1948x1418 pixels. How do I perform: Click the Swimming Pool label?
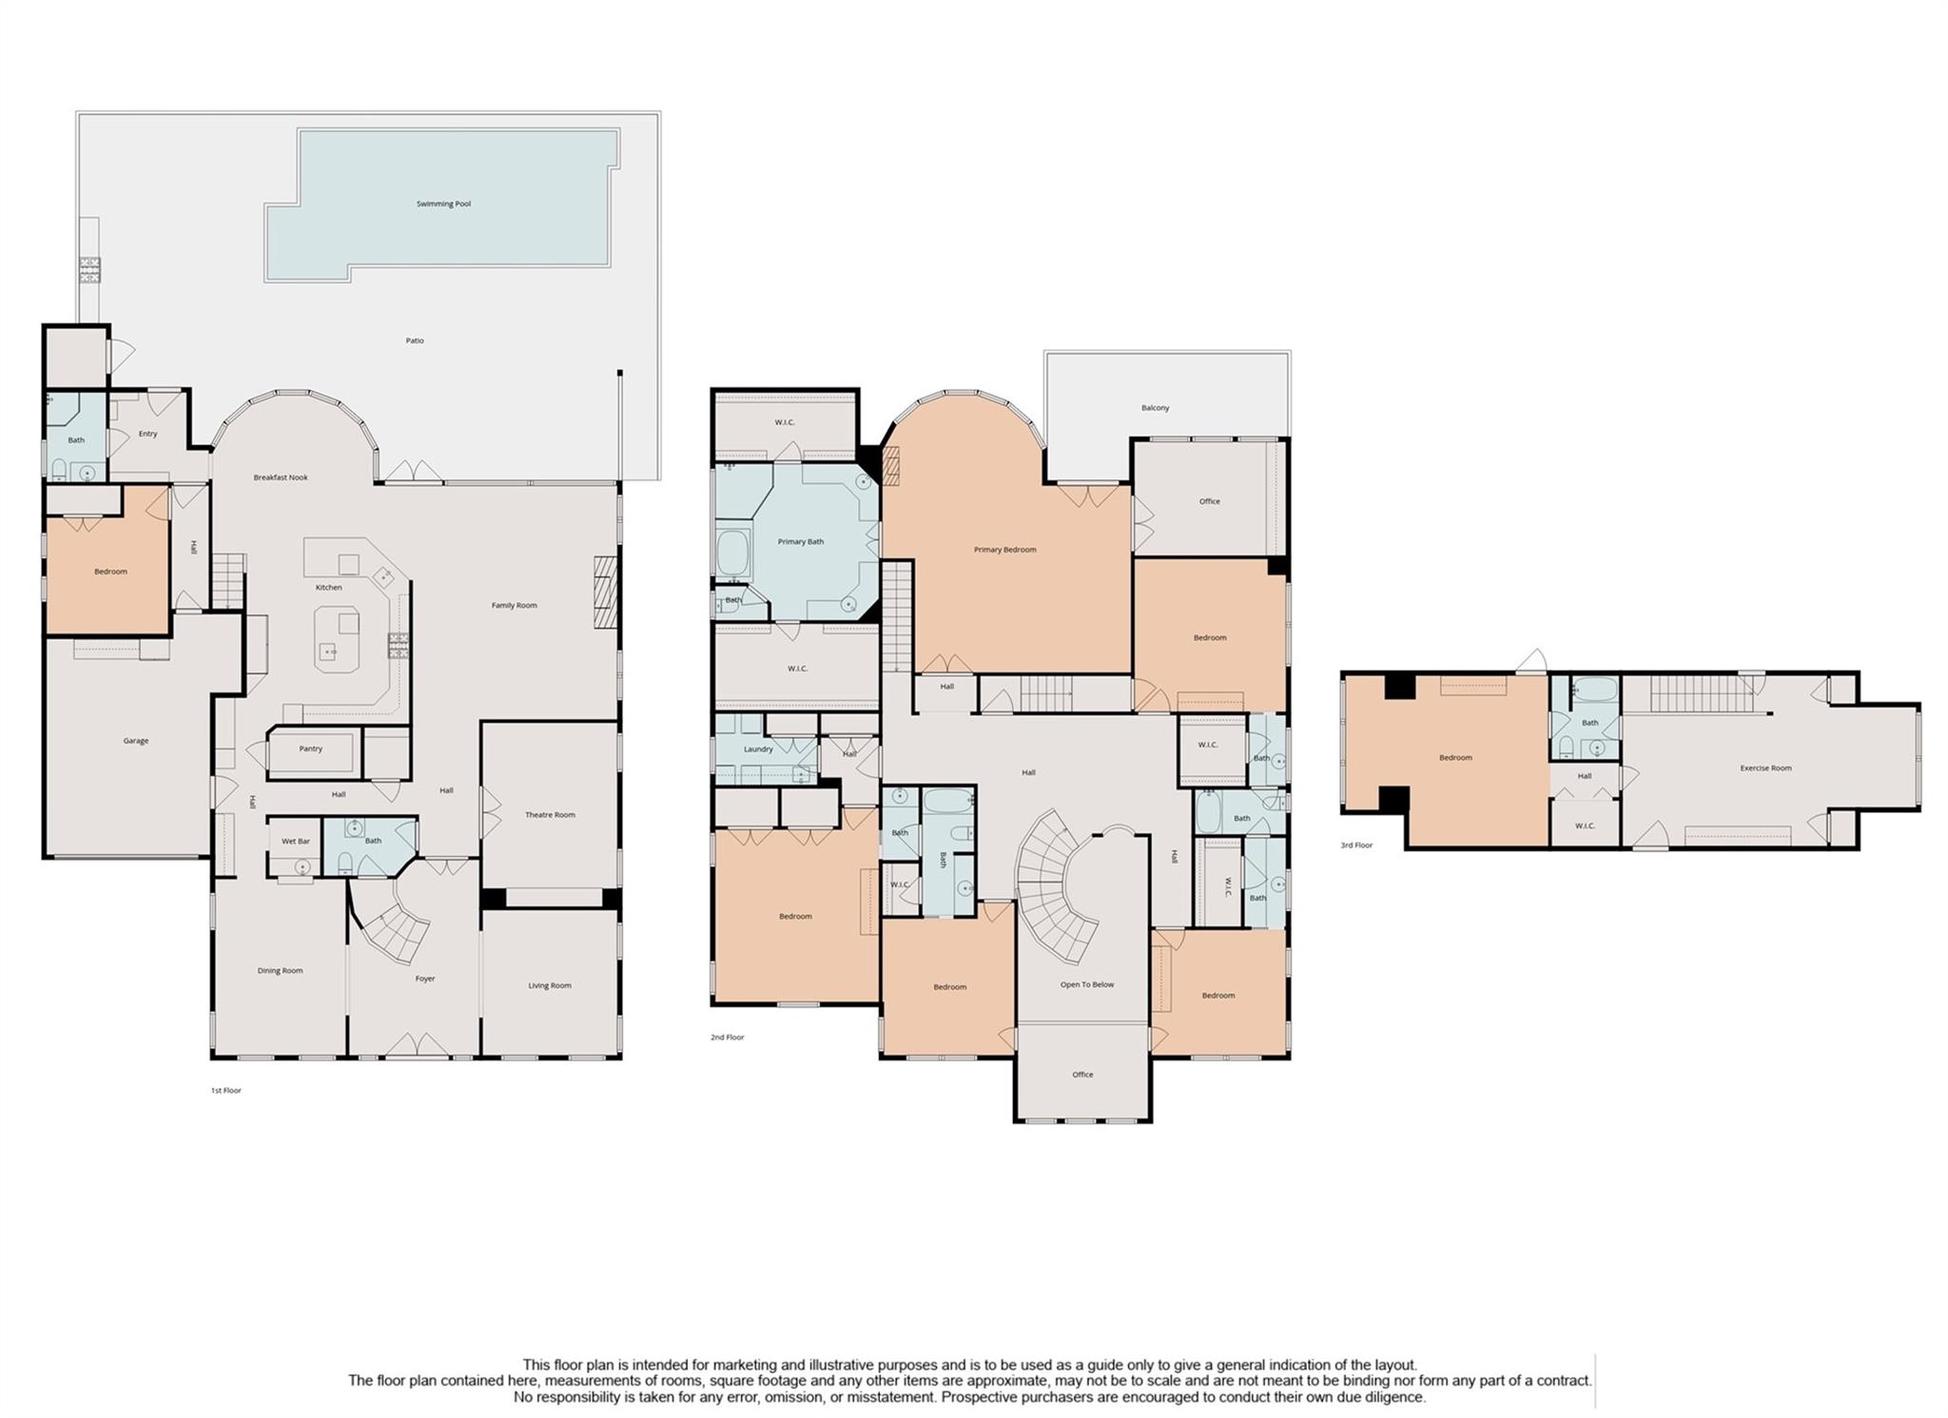click(443, 204)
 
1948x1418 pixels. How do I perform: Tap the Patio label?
click(415, 340)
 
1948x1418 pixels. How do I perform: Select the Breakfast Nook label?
click(281, 477)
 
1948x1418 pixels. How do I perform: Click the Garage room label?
click(136, 741)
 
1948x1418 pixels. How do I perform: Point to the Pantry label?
click(311, 748)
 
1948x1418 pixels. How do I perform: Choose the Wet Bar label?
click(296, 841)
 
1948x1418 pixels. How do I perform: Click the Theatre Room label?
click(550, 815)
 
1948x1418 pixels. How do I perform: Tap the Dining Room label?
click(280, 971)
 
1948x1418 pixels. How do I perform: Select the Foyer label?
click(425, 979)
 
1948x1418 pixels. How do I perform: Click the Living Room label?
click(550, 985)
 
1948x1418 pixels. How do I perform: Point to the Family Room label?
click(515, 605)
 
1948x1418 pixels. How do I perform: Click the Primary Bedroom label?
click(1005, 550)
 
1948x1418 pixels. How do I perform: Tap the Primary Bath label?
click(801, 542)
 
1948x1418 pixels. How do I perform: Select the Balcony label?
click(1156, 408)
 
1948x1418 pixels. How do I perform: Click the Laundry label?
click(758, 749)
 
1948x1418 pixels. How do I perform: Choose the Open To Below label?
click(1087, 984)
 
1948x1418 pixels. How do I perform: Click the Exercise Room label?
click(1766, 767)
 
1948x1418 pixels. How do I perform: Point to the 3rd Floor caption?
click(1356, 845)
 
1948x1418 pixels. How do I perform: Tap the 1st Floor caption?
click(226, 1090)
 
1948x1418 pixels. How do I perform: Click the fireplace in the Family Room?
click(606, 592)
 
